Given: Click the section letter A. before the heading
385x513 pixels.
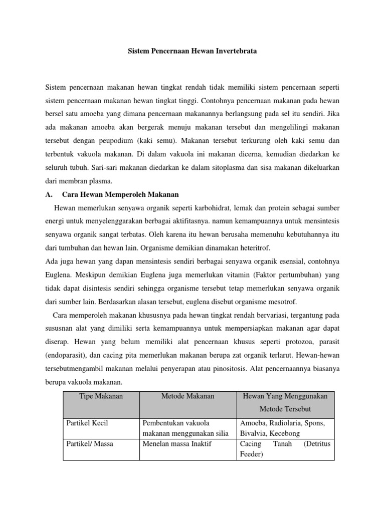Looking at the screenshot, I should (x=49, y=194).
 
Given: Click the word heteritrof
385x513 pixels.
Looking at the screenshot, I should (x=257, y=247).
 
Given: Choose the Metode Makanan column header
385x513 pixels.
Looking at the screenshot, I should (x=187, y=396).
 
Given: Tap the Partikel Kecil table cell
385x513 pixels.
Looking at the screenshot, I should (x=87, y=423).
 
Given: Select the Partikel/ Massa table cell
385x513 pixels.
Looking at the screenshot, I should (x=91, y=443).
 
